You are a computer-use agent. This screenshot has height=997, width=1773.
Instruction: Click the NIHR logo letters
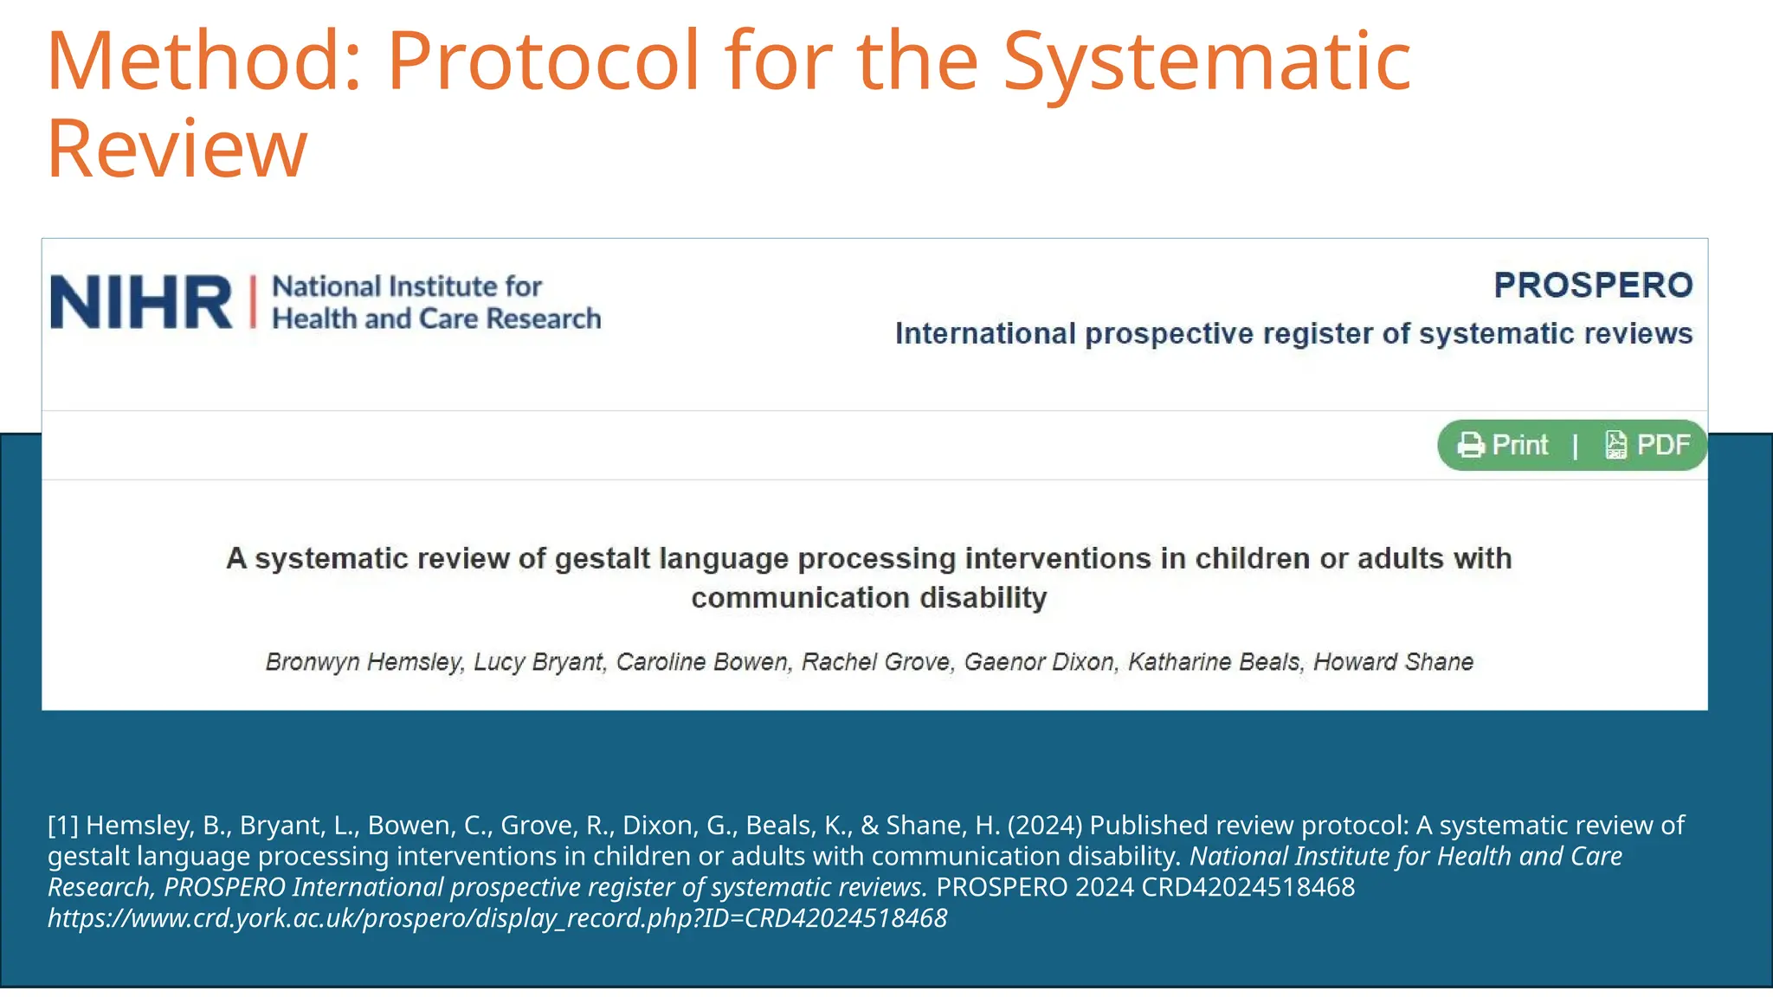coord(141,302)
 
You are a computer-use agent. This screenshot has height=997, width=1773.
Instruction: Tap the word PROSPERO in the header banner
coord(1593,286)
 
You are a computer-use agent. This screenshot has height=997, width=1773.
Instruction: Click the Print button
coord(1519,445)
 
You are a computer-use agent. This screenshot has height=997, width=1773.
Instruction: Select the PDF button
coord(1662,445)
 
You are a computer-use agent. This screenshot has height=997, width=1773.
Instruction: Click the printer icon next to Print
coord(1471,445)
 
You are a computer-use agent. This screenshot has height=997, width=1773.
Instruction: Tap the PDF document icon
coord(1615,445)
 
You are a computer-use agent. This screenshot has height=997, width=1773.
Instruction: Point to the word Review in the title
coord(177,148)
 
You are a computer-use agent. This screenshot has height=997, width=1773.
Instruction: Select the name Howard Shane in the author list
coord(1393,662)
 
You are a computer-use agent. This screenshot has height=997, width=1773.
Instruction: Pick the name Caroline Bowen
coord(702,662)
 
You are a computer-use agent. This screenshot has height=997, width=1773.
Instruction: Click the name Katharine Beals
coord(1214,662)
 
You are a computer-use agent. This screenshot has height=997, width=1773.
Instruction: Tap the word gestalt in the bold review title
coord(603,559)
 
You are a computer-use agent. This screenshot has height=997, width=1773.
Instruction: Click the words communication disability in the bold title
coord(869,598)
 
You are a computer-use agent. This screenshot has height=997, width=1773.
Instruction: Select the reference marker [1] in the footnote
coord(62,826)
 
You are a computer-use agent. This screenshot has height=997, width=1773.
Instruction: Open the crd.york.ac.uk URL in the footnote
coord(498,918)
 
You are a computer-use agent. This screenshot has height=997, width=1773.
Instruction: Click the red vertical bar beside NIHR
coord(254,302)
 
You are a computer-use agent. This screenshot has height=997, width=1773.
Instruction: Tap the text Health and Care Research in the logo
coord(436,319)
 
